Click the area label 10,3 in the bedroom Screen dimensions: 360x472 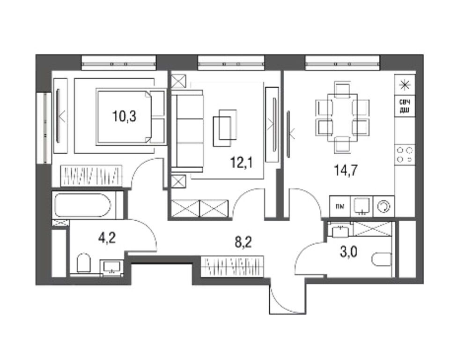point(124,116)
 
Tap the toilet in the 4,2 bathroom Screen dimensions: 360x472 point(83,263)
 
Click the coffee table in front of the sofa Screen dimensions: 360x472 point(225,125)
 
